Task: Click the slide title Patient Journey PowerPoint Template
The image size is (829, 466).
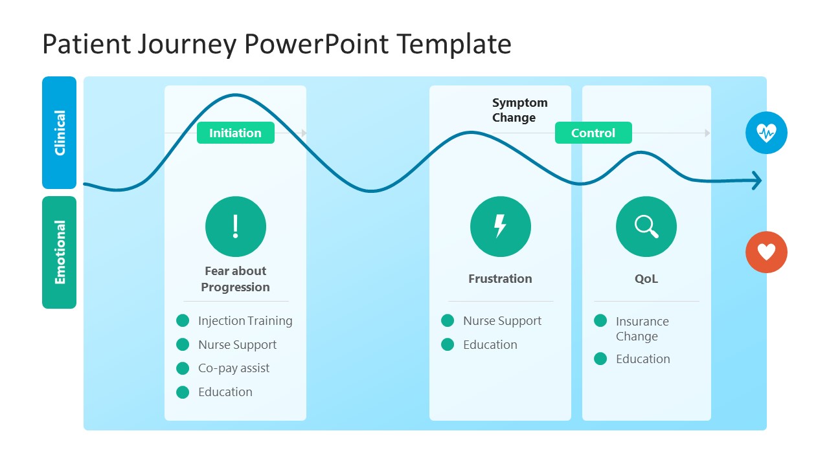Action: [277, 45]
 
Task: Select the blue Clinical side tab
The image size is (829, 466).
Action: [60, 133]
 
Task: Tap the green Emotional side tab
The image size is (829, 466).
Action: [60, 252]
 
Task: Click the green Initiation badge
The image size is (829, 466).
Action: [235, 133]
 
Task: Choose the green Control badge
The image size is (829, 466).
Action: [593, 133]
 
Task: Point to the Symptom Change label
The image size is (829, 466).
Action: [519, 110]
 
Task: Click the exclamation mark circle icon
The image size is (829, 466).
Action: [235, 227]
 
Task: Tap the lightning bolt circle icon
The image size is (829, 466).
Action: [500, 227]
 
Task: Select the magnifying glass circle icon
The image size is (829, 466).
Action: [646, 227]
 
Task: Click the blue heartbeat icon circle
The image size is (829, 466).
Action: [766, 133]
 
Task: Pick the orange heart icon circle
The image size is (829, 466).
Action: [766, 252]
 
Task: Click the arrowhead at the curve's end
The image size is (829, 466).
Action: [756, 181]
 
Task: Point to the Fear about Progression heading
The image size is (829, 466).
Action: [235, 279]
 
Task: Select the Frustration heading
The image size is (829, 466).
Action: [500, 279]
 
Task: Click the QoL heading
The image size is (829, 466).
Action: [646, 279]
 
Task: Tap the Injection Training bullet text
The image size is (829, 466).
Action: [245, 321]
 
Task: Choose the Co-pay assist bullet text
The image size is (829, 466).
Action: [234, 368]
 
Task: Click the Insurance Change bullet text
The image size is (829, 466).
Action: [642, 329]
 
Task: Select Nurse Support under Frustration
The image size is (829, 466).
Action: [502, 321]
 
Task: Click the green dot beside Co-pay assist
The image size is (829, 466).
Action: [183, 368]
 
